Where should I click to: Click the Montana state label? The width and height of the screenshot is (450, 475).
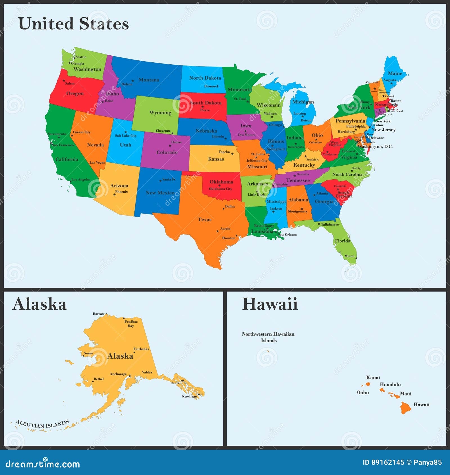pyautogui.click(x=149, y=80)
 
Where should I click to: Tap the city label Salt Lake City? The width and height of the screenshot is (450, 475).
pyautogui.click(x=125, y=135)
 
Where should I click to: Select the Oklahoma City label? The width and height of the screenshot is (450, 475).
pyautogui.click(x=220, y=189)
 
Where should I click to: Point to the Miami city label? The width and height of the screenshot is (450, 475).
pyautogui.click(x=349, y=256)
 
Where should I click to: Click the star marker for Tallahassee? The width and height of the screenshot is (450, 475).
pyautogui.click(x=319, y=224)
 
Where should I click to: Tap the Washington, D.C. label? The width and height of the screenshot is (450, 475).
pyautogui.click(x=375, y=146)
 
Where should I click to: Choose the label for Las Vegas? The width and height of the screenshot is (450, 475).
pyautogui.click(x=97, y=162)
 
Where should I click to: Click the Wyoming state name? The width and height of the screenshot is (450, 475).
pyautogui.click(x=160, y=112)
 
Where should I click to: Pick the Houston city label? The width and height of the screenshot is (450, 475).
pyautogui.click(x=228, y=238)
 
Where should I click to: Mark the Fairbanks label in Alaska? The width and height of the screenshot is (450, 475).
pyautogui.click(x=141, y=349)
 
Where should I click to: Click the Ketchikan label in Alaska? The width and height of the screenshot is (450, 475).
pyautogui.click(x=189, y=396)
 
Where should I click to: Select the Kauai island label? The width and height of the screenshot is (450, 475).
pyautogui.click(x=373, y=377)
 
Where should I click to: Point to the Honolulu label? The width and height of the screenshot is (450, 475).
pyautogui.click(x=390, y=384)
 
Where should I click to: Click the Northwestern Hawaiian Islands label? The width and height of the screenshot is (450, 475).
pyautogui.click(x=268, y=337)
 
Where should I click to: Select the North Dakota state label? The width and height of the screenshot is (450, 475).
pyautogui.click(x=205, y=78)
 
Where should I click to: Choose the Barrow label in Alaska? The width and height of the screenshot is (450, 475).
pyautogui.click(x=98, y=314)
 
